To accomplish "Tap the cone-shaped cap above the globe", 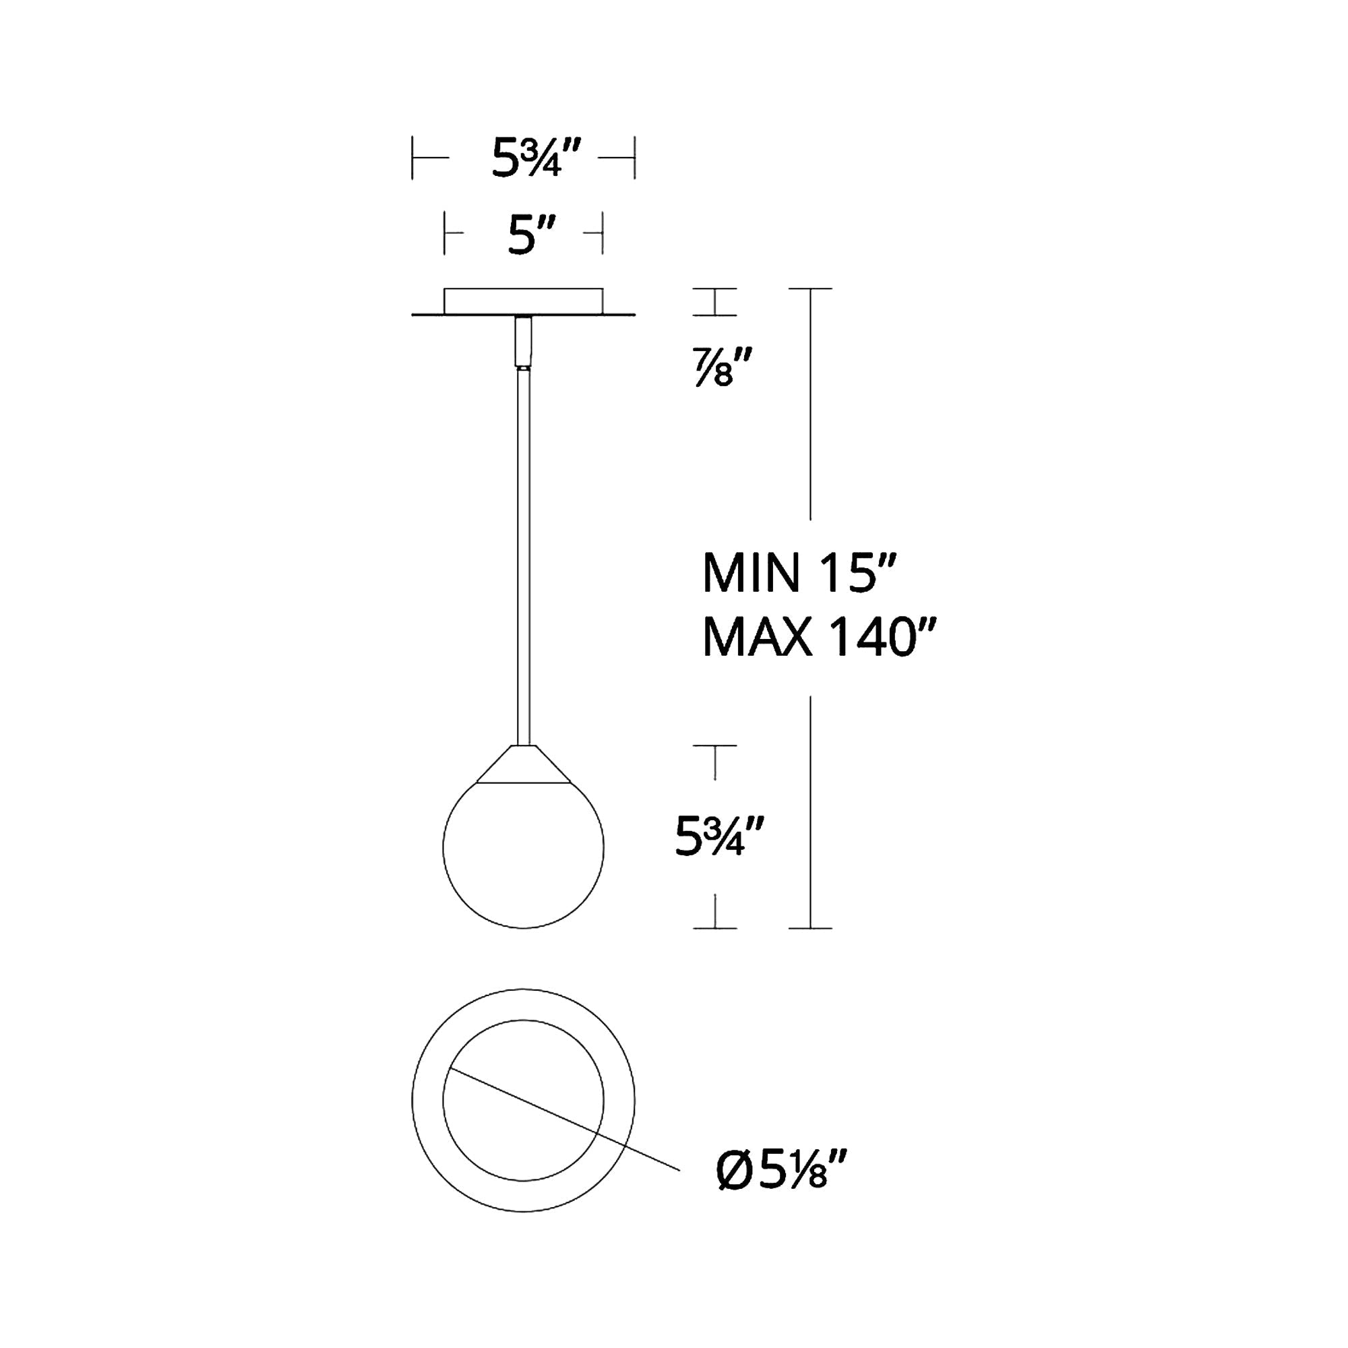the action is pyautogui.click(x=523, y=764).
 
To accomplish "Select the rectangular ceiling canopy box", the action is pyautogui.click(x=523, y=301).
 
